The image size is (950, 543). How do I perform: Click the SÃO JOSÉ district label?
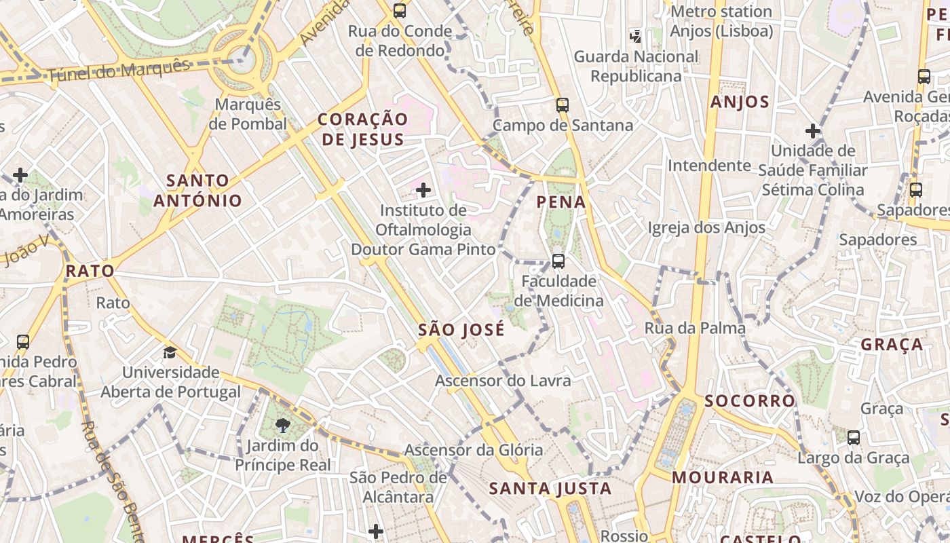tap(461, 330)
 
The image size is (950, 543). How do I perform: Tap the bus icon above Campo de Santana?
tap(562, 105)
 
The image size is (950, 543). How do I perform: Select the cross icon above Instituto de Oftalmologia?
tap(423, 189)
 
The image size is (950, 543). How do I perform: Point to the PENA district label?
tap(561, 202)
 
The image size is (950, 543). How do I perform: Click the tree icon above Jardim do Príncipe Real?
tap(282, 426)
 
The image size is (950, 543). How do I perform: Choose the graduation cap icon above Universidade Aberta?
tap(170, 352)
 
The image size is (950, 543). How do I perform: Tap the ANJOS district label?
tap(740, 102)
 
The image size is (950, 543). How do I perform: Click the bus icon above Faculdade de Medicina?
tap(558, 261)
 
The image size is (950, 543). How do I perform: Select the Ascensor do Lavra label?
tap(503, 381)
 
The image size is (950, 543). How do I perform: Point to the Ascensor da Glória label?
tap(474, 450)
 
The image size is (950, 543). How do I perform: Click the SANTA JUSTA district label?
tap(550, 489)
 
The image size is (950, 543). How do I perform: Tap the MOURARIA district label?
tap(723, 478)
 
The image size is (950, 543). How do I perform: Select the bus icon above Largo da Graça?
tap(854, 438)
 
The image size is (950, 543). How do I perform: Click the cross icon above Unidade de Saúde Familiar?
tap(812, 130)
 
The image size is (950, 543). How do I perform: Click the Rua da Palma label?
tap(695, 329)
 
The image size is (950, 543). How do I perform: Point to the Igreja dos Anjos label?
tap(706, 228)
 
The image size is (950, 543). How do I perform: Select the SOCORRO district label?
tap(750, 401)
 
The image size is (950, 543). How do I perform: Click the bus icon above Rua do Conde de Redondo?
tap(400, 11)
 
